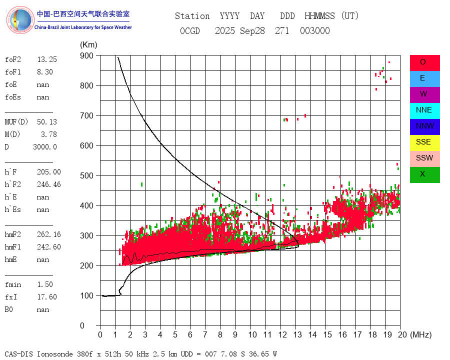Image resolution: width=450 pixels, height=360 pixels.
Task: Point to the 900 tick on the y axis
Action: [89, 55]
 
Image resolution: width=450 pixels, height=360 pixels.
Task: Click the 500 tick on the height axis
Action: [89, 175]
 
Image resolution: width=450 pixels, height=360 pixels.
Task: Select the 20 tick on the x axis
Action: [399, 334]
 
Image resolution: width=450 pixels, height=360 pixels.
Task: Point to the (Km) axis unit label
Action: [88, 45]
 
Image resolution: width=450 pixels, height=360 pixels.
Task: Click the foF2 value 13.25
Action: [47, 59]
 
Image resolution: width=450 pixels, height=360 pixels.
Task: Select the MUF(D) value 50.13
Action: [47, 122]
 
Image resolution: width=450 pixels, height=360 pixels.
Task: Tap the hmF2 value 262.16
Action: [48, 234]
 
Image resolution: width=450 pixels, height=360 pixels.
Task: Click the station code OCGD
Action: [190, 31]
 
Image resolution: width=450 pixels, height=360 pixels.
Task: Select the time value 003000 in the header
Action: [315, 31]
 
